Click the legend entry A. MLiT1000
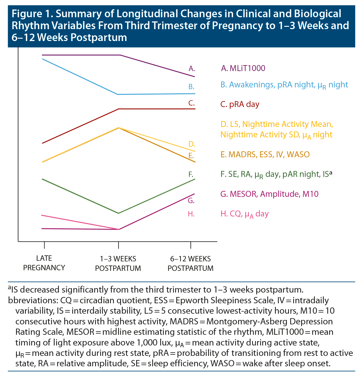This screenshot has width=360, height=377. coord(243,68)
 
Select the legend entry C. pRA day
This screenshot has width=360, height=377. coord(240,104)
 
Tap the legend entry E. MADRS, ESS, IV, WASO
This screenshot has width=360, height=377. coord(265,154)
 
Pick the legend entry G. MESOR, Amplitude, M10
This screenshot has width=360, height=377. coord(269,194)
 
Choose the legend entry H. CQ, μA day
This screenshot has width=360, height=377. coord(244,214)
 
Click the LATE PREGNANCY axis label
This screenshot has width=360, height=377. coord(44,263)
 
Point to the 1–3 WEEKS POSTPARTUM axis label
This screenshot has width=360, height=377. coord(118,263)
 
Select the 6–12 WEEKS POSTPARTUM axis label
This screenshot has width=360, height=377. coord(191,263)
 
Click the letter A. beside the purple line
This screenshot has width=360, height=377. coord(192,69)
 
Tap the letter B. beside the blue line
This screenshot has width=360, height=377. coord(191,87)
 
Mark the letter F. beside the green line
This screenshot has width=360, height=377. coord(191,174)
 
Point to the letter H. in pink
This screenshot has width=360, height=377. coord(191,214)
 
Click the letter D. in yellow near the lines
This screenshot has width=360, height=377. coord(191,144)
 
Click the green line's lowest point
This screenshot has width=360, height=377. coord(119,213)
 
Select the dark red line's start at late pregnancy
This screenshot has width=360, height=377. coord(43,143)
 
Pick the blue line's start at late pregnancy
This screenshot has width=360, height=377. coord(43,59)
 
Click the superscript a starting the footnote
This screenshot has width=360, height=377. coord(10,287)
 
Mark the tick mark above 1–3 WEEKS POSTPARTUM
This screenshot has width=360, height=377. coord(119,245)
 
